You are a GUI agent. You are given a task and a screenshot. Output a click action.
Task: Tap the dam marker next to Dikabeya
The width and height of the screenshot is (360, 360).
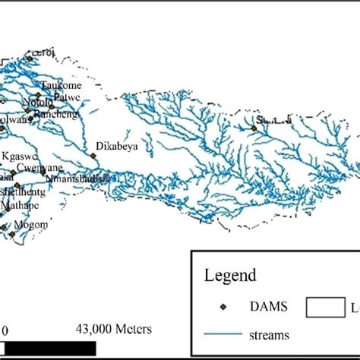(x=93, y=156)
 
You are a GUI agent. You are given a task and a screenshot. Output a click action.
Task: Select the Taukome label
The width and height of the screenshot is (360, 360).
(x=59, y=85)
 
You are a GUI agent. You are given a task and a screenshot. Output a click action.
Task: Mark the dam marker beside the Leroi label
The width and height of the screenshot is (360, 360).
(x=30, y=58)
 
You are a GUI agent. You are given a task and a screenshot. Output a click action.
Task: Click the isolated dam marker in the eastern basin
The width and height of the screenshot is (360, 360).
(x=254, y=128)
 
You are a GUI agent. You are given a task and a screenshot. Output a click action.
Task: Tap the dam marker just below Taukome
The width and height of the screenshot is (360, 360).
(x=38, y=95)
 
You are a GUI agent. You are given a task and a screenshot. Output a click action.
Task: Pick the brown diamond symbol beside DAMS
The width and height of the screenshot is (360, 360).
(x=223, y=306)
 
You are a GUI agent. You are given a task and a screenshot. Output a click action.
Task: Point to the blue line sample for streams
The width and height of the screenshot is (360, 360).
(x=226, y=333)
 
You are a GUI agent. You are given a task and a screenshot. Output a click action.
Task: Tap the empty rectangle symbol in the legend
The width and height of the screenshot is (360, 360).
(x=327, y=306)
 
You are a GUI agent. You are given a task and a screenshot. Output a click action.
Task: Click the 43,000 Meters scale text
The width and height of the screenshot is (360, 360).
(x=114, y=329)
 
